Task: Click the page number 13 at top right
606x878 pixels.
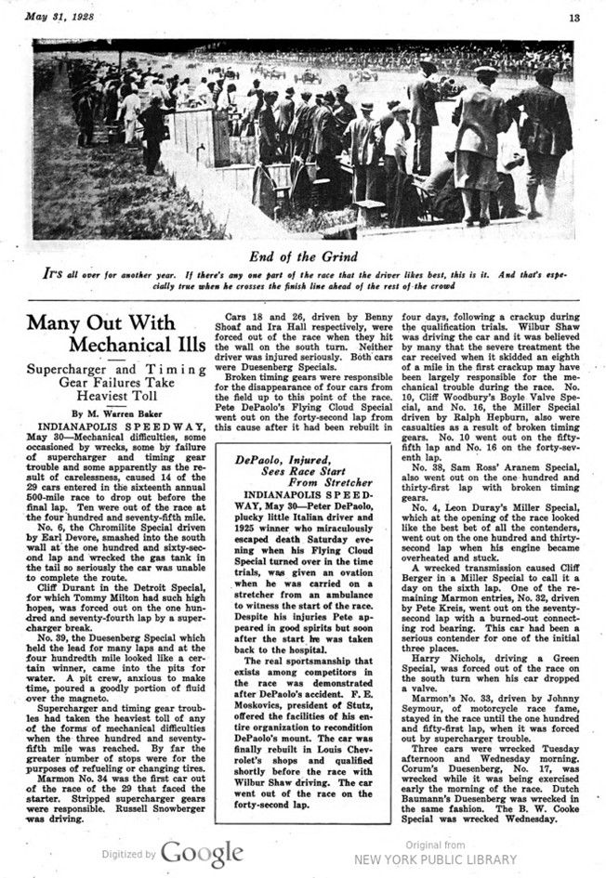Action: point(574,16)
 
